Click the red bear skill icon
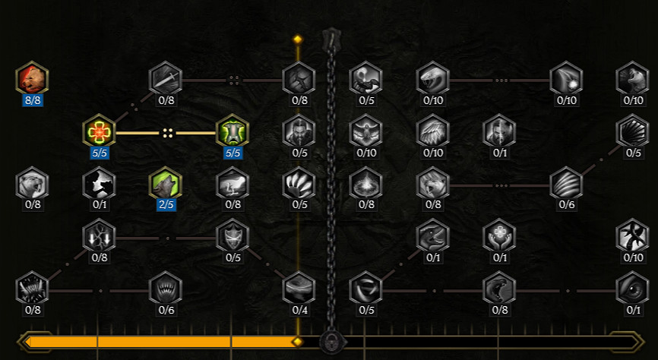pos(32,78)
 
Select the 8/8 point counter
pos(32,99)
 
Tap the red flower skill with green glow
pos(99,131)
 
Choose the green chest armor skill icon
pos(233,131)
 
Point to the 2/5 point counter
pos(166,205)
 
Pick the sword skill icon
pos(166,78)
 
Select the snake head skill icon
pos(433,78)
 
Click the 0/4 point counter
pos(299,309)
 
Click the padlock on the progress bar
pos(331,341)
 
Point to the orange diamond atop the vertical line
pos(298,39)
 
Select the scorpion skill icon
pos(365,78)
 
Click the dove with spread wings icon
pos(365,131)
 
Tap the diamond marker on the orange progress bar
pos(297,342)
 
